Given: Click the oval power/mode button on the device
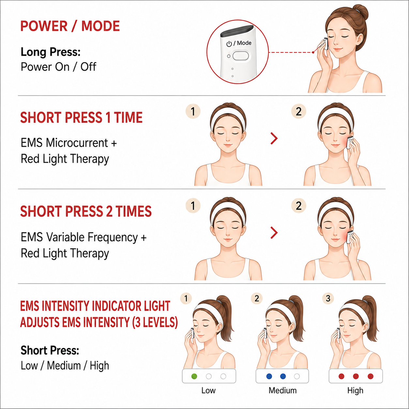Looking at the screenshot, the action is click(x=240, y=56).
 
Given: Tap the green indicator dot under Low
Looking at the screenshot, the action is click(x=194, y=376).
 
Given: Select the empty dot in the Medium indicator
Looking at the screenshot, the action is click(x=297, y=376).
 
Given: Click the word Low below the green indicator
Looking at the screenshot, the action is click(x=208, y=390).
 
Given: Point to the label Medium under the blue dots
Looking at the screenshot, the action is click(x=282, y=390).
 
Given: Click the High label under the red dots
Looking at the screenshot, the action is click(x=355, y=391).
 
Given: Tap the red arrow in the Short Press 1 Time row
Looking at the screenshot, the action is click(x=274, y=138).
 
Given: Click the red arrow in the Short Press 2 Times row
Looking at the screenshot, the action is click(x=274, y=233).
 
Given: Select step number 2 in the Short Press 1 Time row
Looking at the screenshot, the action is click(x=298, y=111).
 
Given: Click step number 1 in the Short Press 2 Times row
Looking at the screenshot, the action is click(x=193, y=205).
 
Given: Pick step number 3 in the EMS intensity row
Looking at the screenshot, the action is click(x=328, y=298).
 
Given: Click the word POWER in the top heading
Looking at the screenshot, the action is click(x=44, y=26).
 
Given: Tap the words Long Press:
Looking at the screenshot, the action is click(x=51, y=52).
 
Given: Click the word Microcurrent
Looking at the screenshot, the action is click(x=77, y=143).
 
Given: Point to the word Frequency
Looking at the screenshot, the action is click(x=113, y=237).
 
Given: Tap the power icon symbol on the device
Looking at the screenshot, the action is click(x=229, y=44).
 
